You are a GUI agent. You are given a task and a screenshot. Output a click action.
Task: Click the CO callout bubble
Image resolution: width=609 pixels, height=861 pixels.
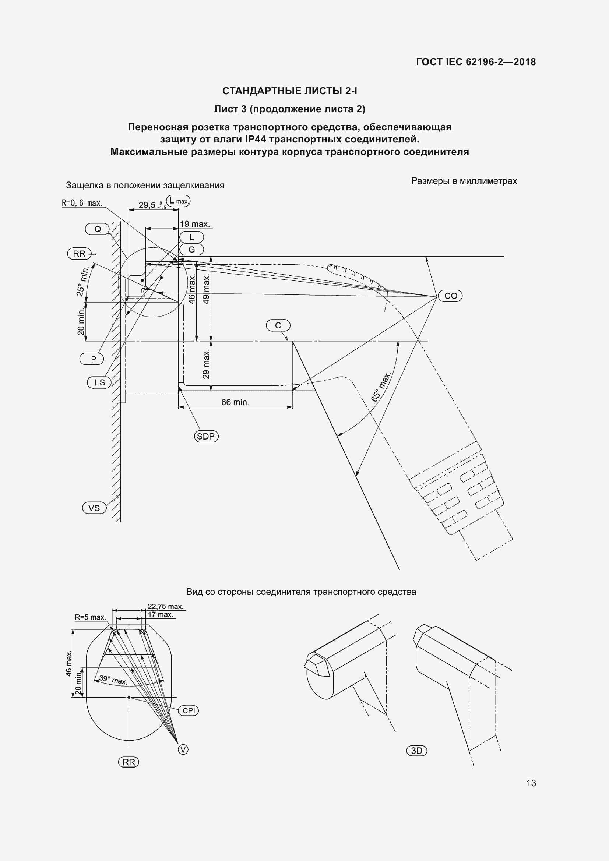pos(450,296)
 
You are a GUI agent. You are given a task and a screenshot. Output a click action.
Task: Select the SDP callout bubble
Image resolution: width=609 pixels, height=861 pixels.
pos(206,436)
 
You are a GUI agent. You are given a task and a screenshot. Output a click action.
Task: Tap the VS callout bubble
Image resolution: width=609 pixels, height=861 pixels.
pos(94,508)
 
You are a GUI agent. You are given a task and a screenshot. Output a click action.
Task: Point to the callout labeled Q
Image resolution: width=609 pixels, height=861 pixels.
pos(98,229)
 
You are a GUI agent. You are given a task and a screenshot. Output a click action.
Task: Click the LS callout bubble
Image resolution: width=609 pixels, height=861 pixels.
pos(99,382)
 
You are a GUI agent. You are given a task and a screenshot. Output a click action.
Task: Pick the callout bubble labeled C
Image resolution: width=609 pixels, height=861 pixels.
pos(278,325)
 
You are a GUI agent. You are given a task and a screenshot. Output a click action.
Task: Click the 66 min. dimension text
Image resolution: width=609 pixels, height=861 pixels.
pos(235,402)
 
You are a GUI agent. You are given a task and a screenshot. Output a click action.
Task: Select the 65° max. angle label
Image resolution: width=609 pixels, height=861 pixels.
pos(381,387)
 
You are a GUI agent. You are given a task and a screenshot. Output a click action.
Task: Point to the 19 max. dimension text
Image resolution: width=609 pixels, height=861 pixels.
pos(194,224)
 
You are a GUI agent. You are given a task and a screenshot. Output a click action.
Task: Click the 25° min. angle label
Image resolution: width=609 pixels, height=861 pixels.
pos(82,281)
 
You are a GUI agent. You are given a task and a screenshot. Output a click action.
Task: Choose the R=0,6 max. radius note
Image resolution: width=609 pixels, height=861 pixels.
pos(82,203)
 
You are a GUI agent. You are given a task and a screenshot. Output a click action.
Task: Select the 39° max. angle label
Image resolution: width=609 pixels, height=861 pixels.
pos(113,680)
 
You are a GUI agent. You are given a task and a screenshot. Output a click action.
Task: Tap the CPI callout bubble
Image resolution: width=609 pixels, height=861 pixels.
pos(189,710)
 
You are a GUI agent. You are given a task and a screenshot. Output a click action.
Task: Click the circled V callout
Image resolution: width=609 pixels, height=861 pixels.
pos(183,749)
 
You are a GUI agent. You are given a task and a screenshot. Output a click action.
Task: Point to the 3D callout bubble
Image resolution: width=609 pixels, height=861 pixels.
pos(417,751)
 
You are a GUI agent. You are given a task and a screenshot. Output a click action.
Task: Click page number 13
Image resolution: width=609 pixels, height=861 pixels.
pos(531,783)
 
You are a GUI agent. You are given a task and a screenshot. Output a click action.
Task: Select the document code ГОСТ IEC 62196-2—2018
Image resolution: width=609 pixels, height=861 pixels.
pos(475,62)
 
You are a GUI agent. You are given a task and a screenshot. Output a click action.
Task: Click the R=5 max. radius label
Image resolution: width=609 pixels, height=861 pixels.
pos(90,617)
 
